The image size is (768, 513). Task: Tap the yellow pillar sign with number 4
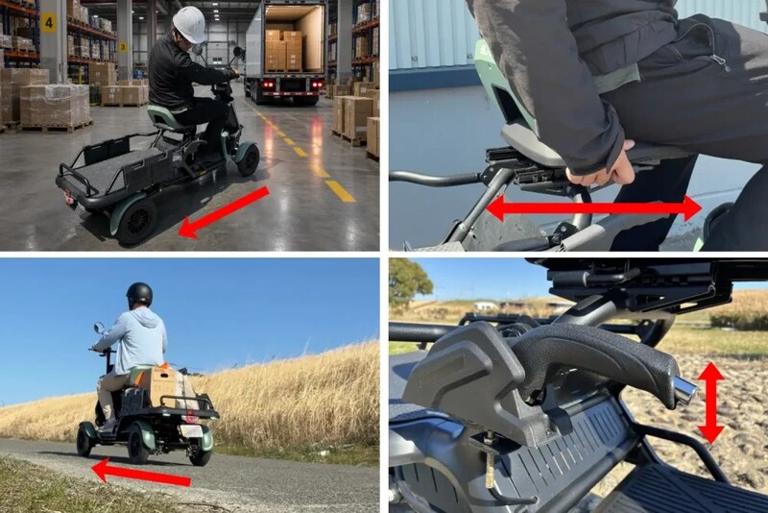[49, 22]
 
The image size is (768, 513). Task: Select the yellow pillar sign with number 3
[123, 47]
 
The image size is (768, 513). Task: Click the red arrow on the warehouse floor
[224, 212]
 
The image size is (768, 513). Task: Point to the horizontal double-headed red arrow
[594, 208]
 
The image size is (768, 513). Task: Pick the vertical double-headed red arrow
[710, 403]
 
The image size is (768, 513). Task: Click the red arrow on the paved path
[141, 473]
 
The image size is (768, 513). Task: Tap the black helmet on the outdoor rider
[139, 294]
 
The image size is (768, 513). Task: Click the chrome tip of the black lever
[686, 389]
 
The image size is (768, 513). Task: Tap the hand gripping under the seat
[597, 165]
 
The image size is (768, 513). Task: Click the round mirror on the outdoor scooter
[98, 328]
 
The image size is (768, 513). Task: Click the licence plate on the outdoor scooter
[190, 430]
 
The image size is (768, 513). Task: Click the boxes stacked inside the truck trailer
[284, 50]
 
